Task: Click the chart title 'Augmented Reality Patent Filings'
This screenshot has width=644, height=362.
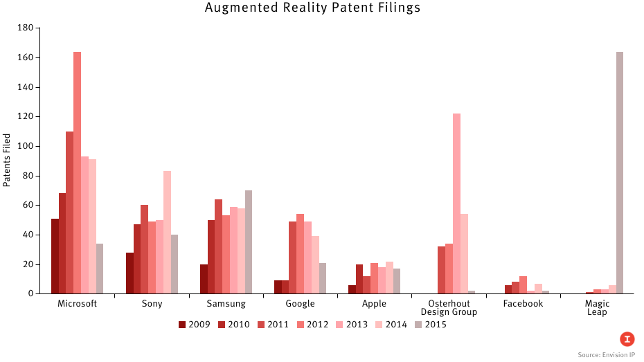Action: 312,8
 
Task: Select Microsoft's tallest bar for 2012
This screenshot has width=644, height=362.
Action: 77,173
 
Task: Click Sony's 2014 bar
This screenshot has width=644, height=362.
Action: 167,233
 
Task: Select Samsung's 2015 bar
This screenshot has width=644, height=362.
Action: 249,242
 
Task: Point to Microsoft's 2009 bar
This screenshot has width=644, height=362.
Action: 55,256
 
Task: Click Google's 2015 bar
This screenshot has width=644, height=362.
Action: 323,278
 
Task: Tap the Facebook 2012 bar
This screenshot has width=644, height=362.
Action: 524,285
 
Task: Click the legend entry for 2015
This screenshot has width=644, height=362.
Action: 431,324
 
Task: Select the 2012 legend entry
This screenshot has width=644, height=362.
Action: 312,324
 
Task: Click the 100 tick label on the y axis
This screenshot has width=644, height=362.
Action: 25,146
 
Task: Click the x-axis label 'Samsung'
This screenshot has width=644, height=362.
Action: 226,304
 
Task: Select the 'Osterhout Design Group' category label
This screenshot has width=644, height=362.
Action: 449,308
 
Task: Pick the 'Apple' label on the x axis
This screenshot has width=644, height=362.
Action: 374,304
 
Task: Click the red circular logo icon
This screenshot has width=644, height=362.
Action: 627,339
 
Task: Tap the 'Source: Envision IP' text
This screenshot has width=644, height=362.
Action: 607,354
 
